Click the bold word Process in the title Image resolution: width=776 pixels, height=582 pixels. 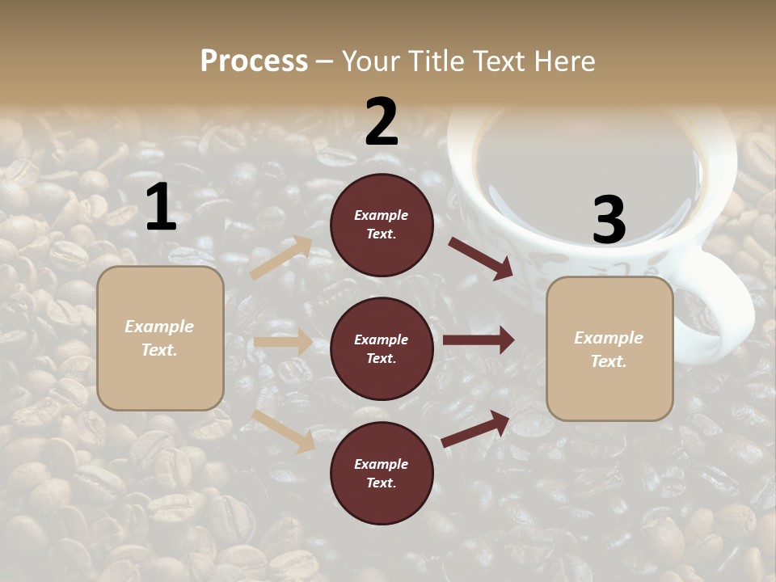[254, 61]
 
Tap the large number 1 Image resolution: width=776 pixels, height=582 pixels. [161, 208]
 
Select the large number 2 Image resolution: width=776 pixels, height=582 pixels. [382, 122]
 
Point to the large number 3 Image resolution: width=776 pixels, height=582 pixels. [609, 220]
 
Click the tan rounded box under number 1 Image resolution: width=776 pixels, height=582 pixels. [160, 338]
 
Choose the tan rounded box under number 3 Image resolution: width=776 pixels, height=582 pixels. [609, 348]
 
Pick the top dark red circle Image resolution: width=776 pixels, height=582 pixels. [382, 225]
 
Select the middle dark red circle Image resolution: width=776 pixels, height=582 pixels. [382, 348]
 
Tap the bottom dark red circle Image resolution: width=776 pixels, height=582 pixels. [382, 473]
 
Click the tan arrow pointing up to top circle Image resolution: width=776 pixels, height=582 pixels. [280, 257]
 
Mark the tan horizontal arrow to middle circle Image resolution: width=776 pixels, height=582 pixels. [283, 342]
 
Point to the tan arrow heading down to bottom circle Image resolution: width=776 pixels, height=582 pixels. [283, 430]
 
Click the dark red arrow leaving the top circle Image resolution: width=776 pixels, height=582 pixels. [481, 258]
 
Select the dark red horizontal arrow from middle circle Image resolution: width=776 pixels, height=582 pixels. [479, 339]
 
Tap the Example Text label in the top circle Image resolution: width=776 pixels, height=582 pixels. [382, 225]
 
